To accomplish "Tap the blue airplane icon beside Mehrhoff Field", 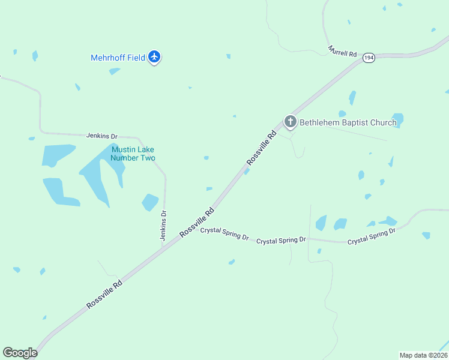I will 155,57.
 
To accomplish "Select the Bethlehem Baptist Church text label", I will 348,123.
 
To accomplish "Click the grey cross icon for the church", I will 291,122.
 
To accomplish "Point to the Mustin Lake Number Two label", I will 133,154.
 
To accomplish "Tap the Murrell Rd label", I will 343,52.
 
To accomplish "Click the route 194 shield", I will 369,56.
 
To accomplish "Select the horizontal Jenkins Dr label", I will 101,136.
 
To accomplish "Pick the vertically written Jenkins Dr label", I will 163,226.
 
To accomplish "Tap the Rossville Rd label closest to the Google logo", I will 104,294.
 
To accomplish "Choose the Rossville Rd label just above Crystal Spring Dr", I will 197,223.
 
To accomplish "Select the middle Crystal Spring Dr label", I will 281,240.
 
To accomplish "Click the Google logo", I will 20,353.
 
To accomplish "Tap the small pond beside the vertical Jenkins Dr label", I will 150,202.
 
